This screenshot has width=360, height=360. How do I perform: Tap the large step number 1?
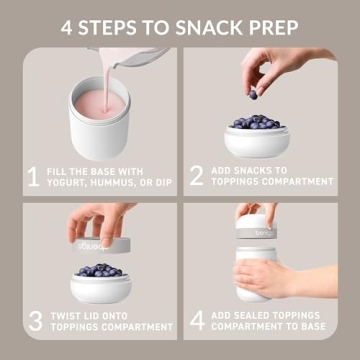click(34, 177)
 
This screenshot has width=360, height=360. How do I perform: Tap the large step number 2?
click(196, 177)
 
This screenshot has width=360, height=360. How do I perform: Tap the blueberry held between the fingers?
click(253, 93)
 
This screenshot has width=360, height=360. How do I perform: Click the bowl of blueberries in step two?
click(257, 132)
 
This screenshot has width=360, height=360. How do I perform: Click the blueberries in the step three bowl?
click(100, 270)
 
